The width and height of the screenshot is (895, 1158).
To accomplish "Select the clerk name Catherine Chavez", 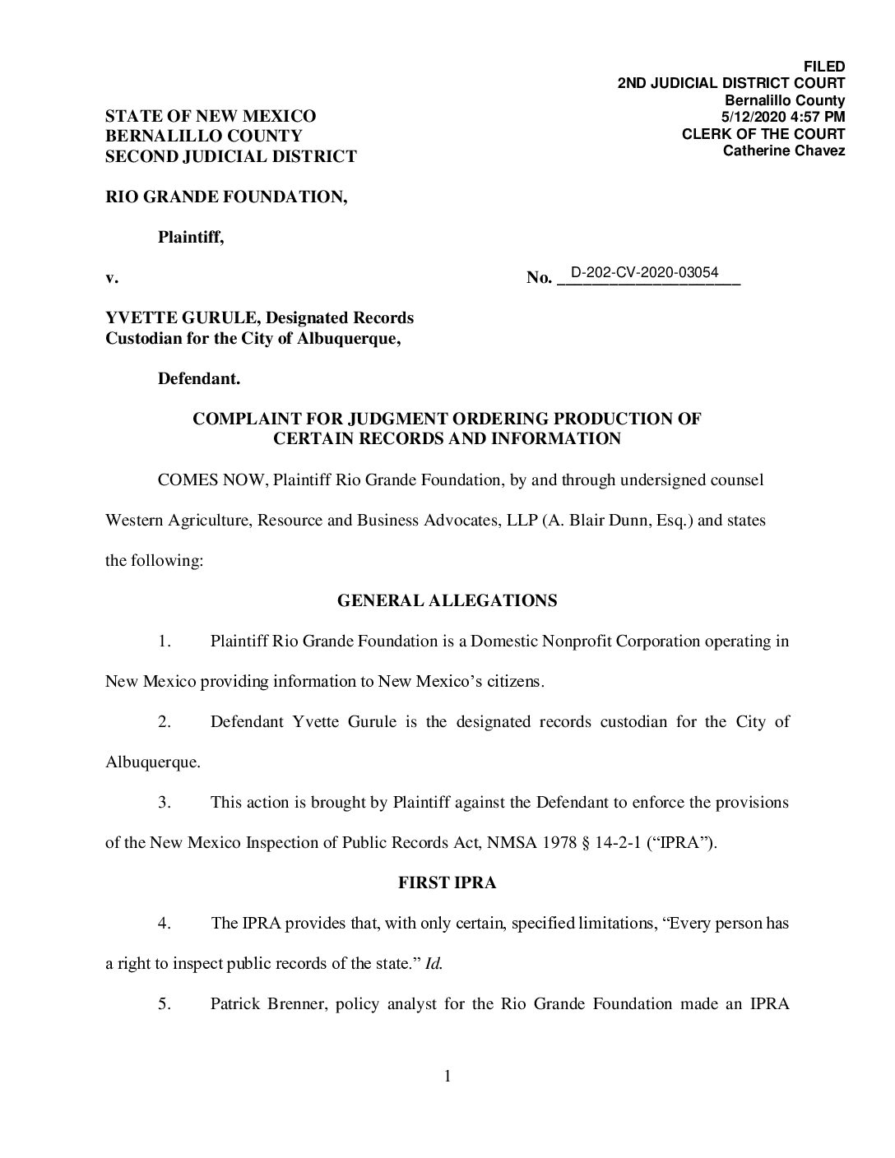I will click(783, 151).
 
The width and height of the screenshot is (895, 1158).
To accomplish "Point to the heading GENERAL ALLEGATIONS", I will click(447, 600).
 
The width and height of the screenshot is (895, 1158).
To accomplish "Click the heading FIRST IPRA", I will click(447, 883).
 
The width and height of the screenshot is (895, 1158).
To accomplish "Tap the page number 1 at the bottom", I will click(447, 1077).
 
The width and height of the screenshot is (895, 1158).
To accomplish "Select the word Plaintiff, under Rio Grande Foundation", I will click(190, 238).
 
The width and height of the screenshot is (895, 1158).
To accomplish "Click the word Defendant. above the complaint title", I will click(199, 379).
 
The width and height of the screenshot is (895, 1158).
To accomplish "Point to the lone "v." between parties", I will click(112, 278).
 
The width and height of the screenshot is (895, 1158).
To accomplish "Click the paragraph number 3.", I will click(165, 803).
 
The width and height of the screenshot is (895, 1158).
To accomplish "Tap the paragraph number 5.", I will click(165, 1004).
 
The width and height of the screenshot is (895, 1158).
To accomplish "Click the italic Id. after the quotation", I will click(434, 964).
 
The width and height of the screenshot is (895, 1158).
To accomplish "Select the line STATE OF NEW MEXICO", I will click(210, 117).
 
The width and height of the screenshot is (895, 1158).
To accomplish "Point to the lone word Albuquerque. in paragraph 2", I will click(153, 762).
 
